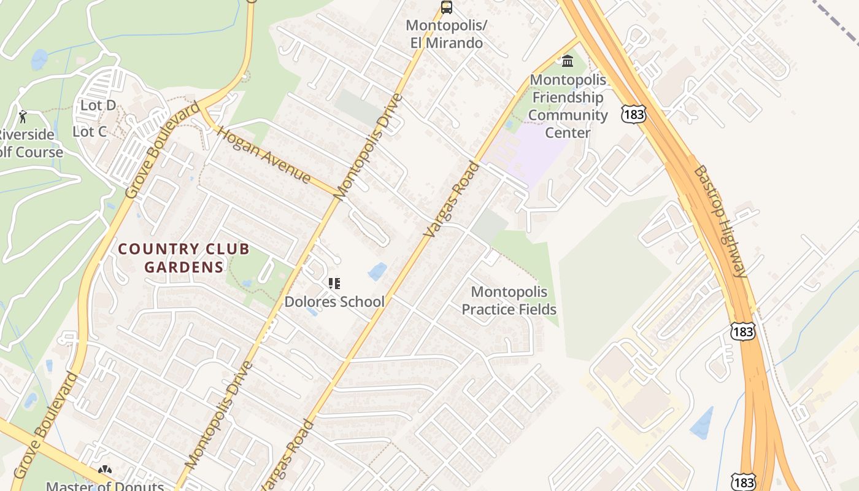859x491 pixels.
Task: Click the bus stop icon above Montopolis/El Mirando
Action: pyautogui.click(x=447, y=7)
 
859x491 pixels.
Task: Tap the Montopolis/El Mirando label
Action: pyautogui.click(x=447, y=34)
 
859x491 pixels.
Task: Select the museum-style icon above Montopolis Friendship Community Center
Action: pyautogui.click(x=568, y=61)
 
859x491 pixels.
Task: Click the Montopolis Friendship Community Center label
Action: pyautogui.click(x=568, y=106)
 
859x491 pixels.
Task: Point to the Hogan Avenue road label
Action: pyautogui.click(x=264, y=155)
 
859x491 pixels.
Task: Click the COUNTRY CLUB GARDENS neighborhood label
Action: pyautogui.click(x=184, y=258)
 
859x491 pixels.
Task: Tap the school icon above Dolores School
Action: pyautogui.click(x=334, y=284)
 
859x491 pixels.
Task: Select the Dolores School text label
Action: pyautogui.click(x=334, y=301)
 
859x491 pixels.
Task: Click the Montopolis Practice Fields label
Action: pyautogui.click(x=509, y=301)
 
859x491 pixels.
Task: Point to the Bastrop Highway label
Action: pyautogui.click(x=720, y=221)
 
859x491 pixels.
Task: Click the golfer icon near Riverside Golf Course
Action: pyautogui.click(x=23, y=117)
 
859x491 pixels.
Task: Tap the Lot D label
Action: pyautogui.click(x=98, y=106)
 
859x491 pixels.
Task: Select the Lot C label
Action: pyautogui.click(x=90, y=131)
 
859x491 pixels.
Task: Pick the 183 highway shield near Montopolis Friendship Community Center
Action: pyautogui.click(x=632, y=113)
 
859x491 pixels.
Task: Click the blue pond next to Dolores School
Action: pyautogui.click(x=377, y=271)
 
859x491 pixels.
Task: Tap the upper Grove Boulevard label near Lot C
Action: pyautogui.click(x=163, y=150)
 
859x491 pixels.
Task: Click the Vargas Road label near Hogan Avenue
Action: pyautogui.click(x=451, y=199)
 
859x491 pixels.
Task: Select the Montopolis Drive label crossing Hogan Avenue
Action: pyautogui.click(x=369, y=146)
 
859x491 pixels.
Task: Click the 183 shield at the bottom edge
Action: pyautogui.click(x=744, y=482)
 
